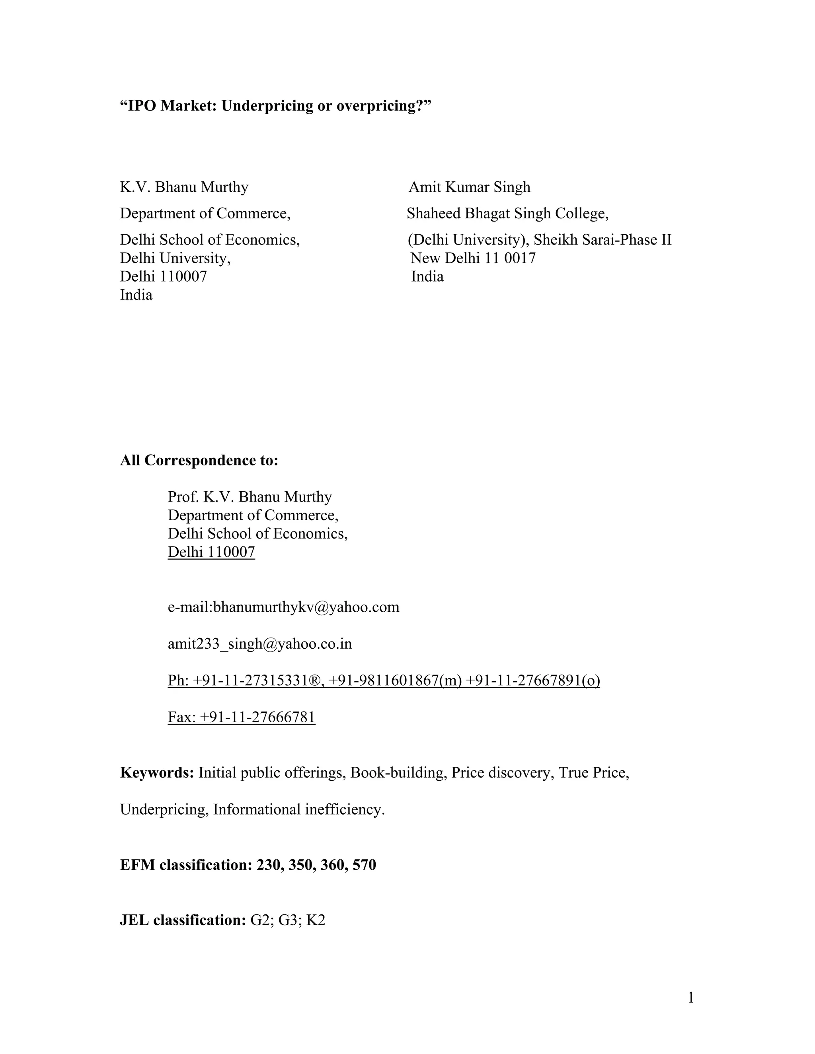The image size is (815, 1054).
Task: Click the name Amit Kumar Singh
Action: click(x=469, y=187)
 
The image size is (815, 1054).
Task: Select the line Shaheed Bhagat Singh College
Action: click(x=507, y=213)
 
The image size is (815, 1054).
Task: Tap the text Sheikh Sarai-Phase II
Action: click(x=602, y=240)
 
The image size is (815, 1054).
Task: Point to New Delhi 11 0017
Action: click(x=473, y=258)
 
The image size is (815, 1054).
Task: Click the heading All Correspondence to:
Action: click(x=199, y=461)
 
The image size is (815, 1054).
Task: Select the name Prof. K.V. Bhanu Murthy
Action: click(x=250, y=497)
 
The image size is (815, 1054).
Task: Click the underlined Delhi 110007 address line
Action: click(x=211, y=552)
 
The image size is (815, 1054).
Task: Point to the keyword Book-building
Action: click(x=397, y=773)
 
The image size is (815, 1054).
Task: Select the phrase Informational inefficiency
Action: click(x=299, y=809)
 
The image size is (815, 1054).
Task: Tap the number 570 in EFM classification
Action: click(x=364, y=865)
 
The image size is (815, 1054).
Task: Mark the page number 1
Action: click(x=691, y=998)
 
